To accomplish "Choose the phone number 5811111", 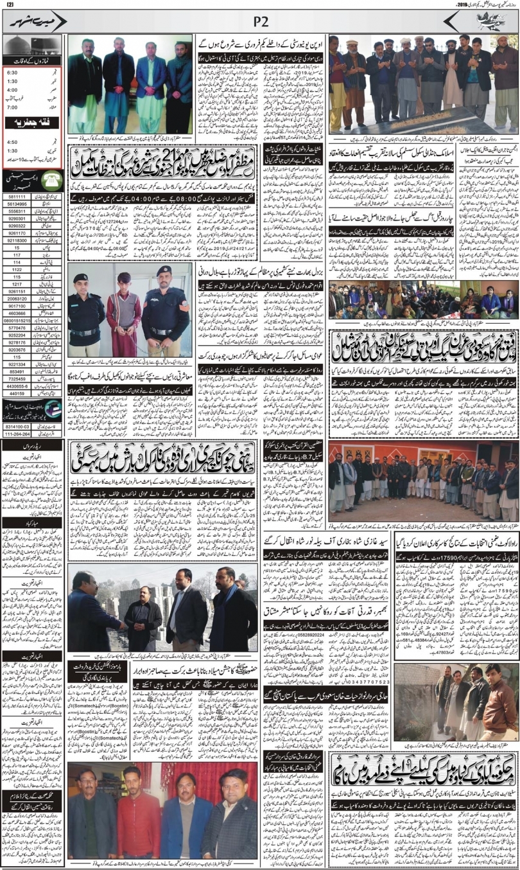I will (17, 197).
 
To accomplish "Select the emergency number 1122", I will (17, 270).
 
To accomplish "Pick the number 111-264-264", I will (18, 434).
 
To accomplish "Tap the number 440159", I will (17, 393).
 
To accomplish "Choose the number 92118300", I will (17, 240).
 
